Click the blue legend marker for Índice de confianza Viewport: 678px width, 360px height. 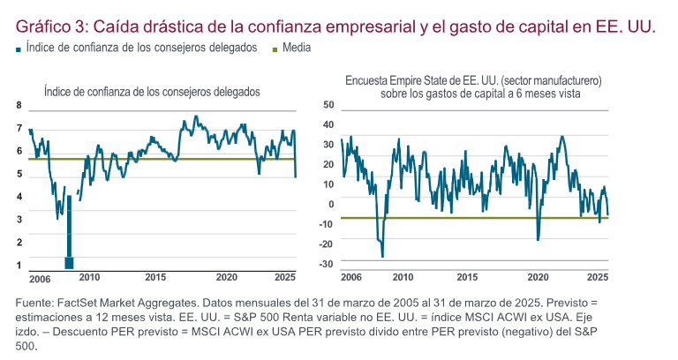(19, 49)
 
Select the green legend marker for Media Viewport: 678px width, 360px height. (275, 49)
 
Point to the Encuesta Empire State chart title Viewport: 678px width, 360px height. (473, 86)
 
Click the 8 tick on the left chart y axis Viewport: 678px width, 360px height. (19, 105)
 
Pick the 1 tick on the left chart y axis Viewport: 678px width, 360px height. (19, 264)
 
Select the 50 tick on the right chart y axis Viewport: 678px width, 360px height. (328, 105)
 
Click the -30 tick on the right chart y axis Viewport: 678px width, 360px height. (327, 264)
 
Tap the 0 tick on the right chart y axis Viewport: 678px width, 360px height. (331, 204)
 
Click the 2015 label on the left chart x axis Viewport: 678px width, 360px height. (155, 276)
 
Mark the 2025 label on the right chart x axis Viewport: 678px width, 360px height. (599, 276)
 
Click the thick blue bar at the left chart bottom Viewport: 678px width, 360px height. (69, 261)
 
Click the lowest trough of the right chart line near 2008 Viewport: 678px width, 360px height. (382, 256)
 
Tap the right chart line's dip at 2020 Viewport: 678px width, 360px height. (538, 238)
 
